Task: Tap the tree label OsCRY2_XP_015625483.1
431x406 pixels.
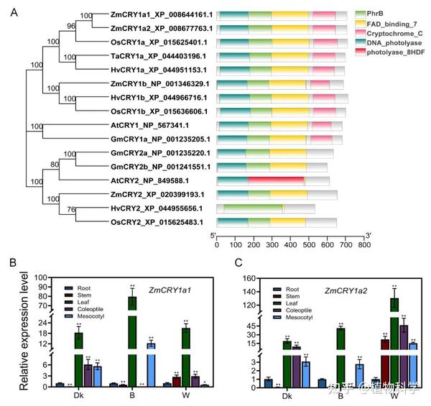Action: pyautogui.click(x=149, y=221)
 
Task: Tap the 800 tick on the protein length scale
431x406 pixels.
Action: pyautogui.click(x=364, y=245)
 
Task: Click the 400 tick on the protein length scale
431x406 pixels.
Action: pyautogui.click(x=290, y=245)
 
